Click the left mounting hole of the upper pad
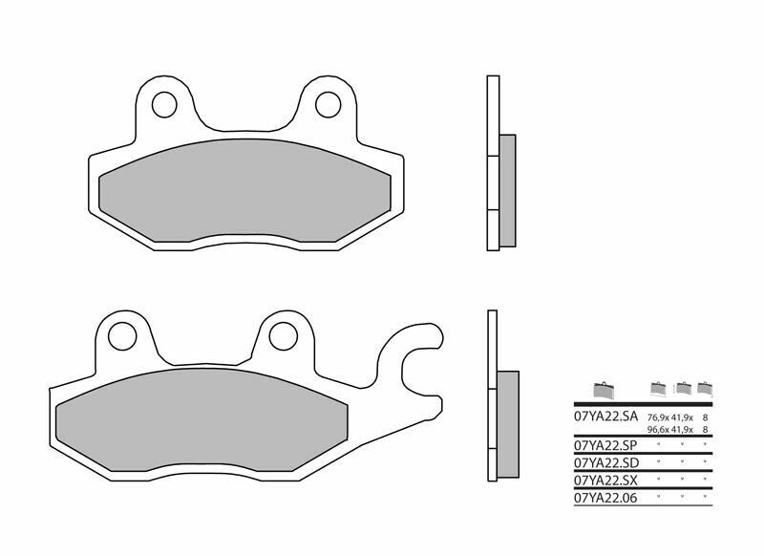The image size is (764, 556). (164, 102)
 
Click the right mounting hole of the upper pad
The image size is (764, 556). (329, 102)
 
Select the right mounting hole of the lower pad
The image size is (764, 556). (283, 335)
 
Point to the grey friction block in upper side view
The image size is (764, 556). (506, 189)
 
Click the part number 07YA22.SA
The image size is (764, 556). (605, 417)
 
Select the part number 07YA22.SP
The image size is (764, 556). (605, 445)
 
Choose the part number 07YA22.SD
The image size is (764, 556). (605, 462)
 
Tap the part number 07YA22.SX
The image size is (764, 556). (605, 480)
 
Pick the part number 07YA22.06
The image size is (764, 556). (605, 497)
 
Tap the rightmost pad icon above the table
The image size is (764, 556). (706, 389)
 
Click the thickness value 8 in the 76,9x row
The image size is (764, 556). (706, 418)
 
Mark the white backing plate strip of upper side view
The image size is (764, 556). (493, 162)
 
